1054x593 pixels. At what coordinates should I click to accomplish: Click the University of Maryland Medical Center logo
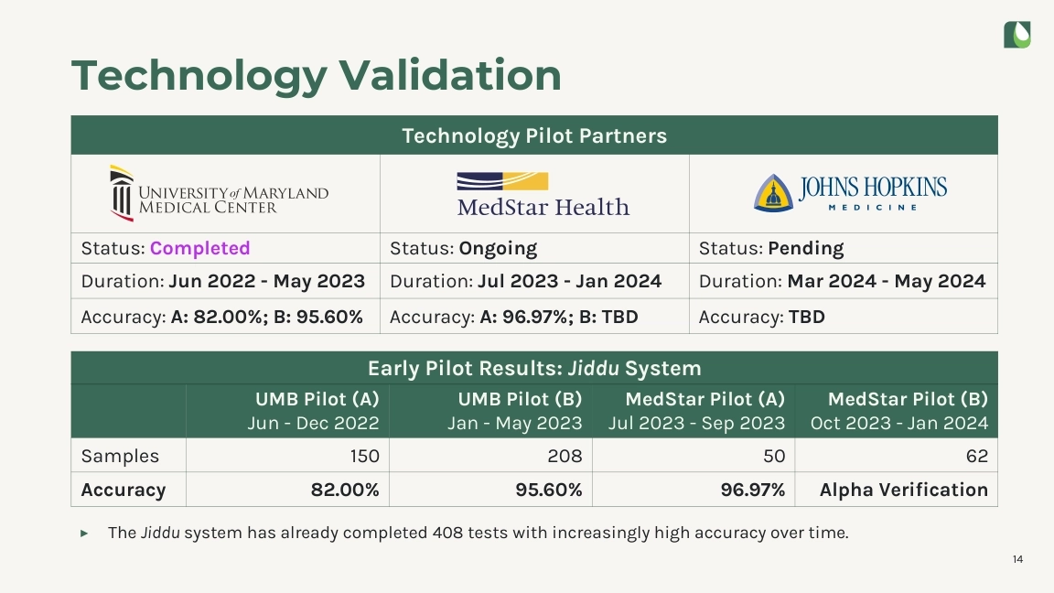click(219, 193)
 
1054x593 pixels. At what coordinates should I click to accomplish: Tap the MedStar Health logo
click(543, 194)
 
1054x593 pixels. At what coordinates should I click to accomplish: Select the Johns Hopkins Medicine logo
click(850, 193)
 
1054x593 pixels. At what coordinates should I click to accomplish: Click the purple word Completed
click(199, 248)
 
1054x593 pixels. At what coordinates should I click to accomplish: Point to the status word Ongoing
click(498, 248)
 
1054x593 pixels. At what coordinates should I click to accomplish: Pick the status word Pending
click(805, 248)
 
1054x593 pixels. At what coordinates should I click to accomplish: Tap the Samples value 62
click(976, 456)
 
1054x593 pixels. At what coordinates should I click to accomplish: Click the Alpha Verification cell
click(903, 490)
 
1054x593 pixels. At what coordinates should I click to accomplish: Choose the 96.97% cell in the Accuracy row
click(755, 490)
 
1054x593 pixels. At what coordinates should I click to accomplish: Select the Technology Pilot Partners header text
click(534, 136)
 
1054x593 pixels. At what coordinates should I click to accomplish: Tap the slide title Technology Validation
click(316, 75)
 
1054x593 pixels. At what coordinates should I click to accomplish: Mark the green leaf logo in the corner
click(1016, 35)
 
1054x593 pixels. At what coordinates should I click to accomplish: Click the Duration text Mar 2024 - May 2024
click(886, 282)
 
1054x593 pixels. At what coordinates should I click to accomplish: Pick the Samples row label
click(120, 456)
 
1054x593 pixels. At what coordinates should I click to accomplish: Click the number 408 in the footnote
click(446, 533)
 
